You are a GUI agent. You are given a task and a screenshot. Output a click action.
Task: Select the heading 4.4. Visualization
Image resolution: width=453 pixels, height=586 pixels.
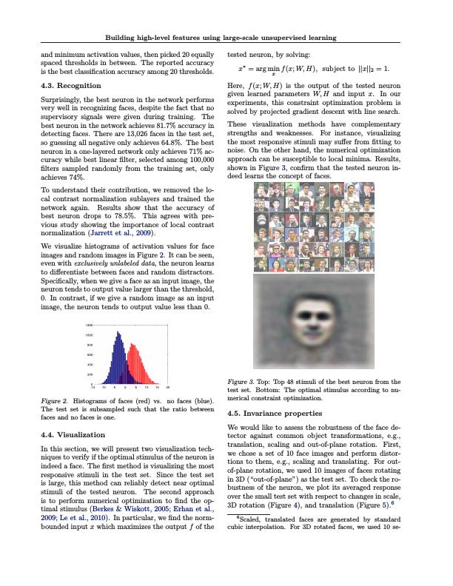74,435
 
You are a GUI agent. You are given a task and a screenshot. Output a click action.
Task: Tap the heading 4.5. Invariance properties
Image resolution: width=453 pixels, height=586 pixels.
281,414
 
